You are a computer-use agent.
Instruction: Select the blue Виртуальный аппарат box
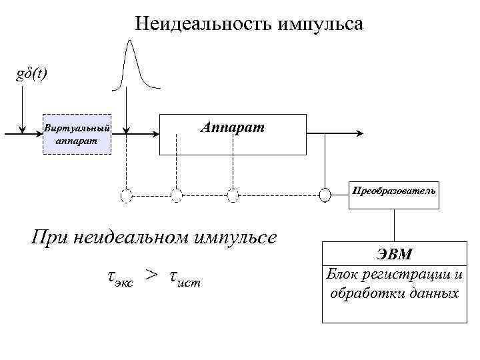point(77,133)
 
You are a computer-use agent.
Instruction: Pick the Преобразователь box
point(395,191)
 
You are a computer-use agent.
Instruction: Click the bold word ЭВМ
point(394,255)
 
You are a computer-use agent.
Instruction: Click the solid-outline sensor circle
point(325,195)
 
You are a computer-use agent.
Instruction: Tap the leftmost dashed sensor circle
point(126,195)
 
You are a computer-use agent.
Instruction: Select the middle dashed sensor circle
point(176,195)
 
